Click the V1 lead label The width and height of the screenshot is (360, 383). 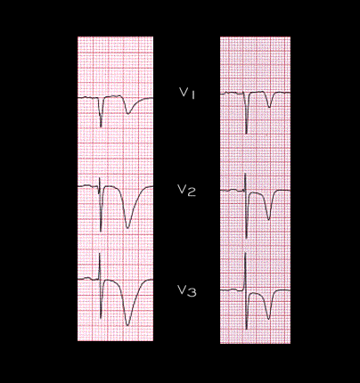pyautogui.click(x=187, y=94)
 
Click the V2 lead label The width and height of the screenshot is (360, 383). pyautogui.click(x=187, y=191)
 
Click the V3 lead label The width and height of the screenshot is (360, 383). pyautogui.click(x=187, y=291)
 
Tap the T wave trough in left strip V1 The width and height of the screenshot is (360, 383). pyautogui.click(x=128, y=113)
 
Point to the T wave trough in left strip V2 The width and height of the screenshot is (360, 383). pyautogui.click(x=127, y=227)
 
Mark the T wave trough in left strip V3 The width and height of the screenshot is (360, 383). pyautogui.click(x=127, y=325)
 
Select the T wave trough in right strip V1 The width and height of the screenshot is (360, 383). pyautogui.click(x=269, y=107)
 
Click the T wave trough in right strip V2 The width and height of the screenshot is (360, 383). pyautogui.click(x=269, y=219)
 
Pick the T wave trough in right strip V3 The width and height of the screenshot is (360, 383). pyautogui.click(x=268, y=319)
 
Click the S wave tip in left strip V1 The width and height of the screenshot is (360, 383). pyautogui.click(x=101, y=126)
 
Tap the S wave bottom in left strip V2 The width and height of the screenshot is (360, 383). pyautogui.click(x=101, y=231)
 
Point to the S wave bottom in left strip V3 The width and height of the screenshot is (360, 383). pyautogui.click(x=101, y=317)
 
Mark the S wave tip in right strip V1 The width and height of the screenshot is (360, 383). pyautogui.click(x=246, y=133)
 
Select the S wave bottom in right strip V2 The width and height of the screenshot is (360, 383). pyautogui.click(x=246, y=237)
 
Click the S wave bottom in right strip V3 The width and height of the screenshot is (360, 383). pyautogui.click(x=246, y=328)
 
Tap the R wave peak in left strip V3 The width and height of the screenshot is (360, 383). pyautogui.click(x=100, y=253)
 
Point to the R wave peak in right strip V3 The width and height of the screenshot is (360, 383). pyautogui.click(x=245, y=254)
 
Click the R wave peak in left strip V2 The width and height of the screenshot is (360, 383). pyautogui.click(x=100, y=178)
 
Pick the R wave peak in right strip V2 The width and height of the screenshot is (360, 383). pyautogui.click(x=245, y=175)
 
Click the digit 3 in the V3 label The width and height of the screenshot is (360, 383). pyautogui.click(x=192, y=292)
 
